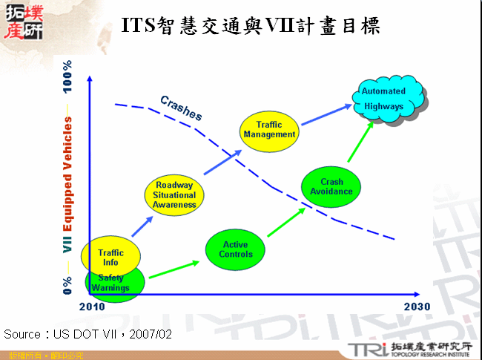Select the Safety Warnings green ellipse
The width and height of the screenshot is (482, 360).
pos(113,284)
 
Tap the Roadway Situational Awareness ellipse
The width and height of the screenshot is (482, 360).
pos(174,194)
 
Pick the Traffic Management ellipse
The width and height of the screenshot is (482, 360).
pos(270,130)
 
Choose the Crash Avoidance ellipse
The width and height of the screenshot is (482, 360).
pos(331,187)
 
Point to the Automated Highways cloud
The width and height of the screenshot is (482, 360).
pos(384,99)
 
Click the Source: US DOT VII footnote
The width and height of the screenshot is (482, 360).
pos(88,334)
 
